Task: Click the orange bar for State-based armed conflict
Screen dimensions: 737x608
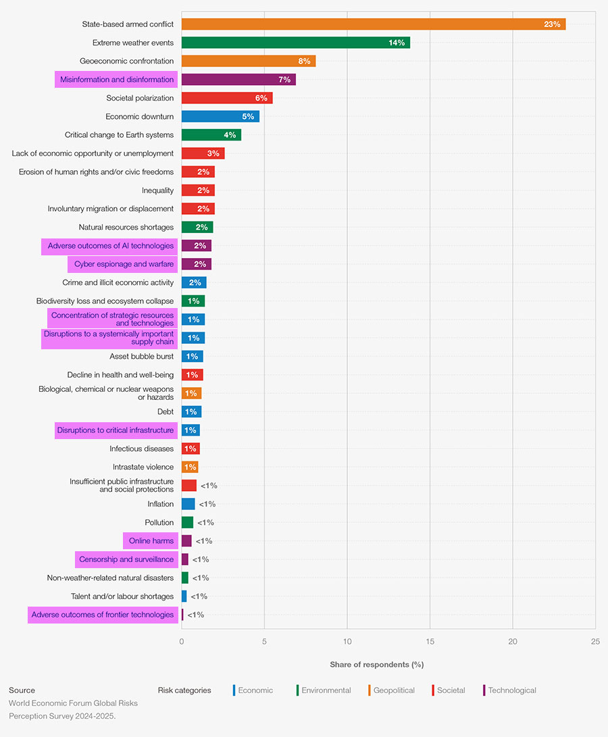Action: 373,24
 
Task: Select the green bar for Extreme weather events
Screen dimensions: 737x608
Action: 295,43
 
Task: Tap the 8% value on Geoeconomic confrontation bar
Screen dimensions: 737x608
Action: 304,61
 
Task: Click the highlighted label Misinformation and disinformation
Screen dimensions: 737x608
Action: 116,80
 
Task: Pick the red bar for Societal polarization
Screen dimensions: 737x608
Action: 227,98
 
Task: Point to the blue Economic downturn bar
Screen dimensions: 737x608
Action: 220,116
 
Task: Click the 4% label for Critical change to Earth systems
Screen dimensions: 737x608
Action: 230,135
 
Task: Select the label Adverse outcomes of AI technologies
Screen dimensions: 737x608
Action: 110,246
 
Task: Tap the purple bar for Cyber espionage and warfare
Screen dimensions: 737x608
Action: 196,264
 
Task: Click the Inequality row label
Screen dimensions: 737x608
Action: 157,190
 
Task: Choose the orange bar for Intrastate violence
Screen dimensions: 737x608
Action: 189,467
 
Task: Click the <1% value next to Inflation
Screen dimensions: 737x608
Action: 207,504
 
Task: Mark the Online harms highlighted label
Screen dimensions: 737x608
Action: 151,541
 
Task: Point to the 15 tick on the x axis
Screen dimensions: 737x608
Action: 430,641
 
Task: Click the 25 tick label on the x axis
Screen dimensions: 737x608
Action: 595,641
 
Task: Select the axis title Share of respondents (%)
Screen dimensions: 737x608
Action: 376,665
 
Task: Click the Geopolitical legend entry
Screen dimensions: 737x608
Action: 394,690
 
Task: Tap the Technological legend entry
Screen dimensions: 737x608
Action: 511,690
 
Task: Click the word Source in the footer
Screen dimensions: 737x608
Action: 22,690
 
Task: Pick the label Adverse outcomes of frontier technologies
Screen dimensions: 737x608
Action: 103,615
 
